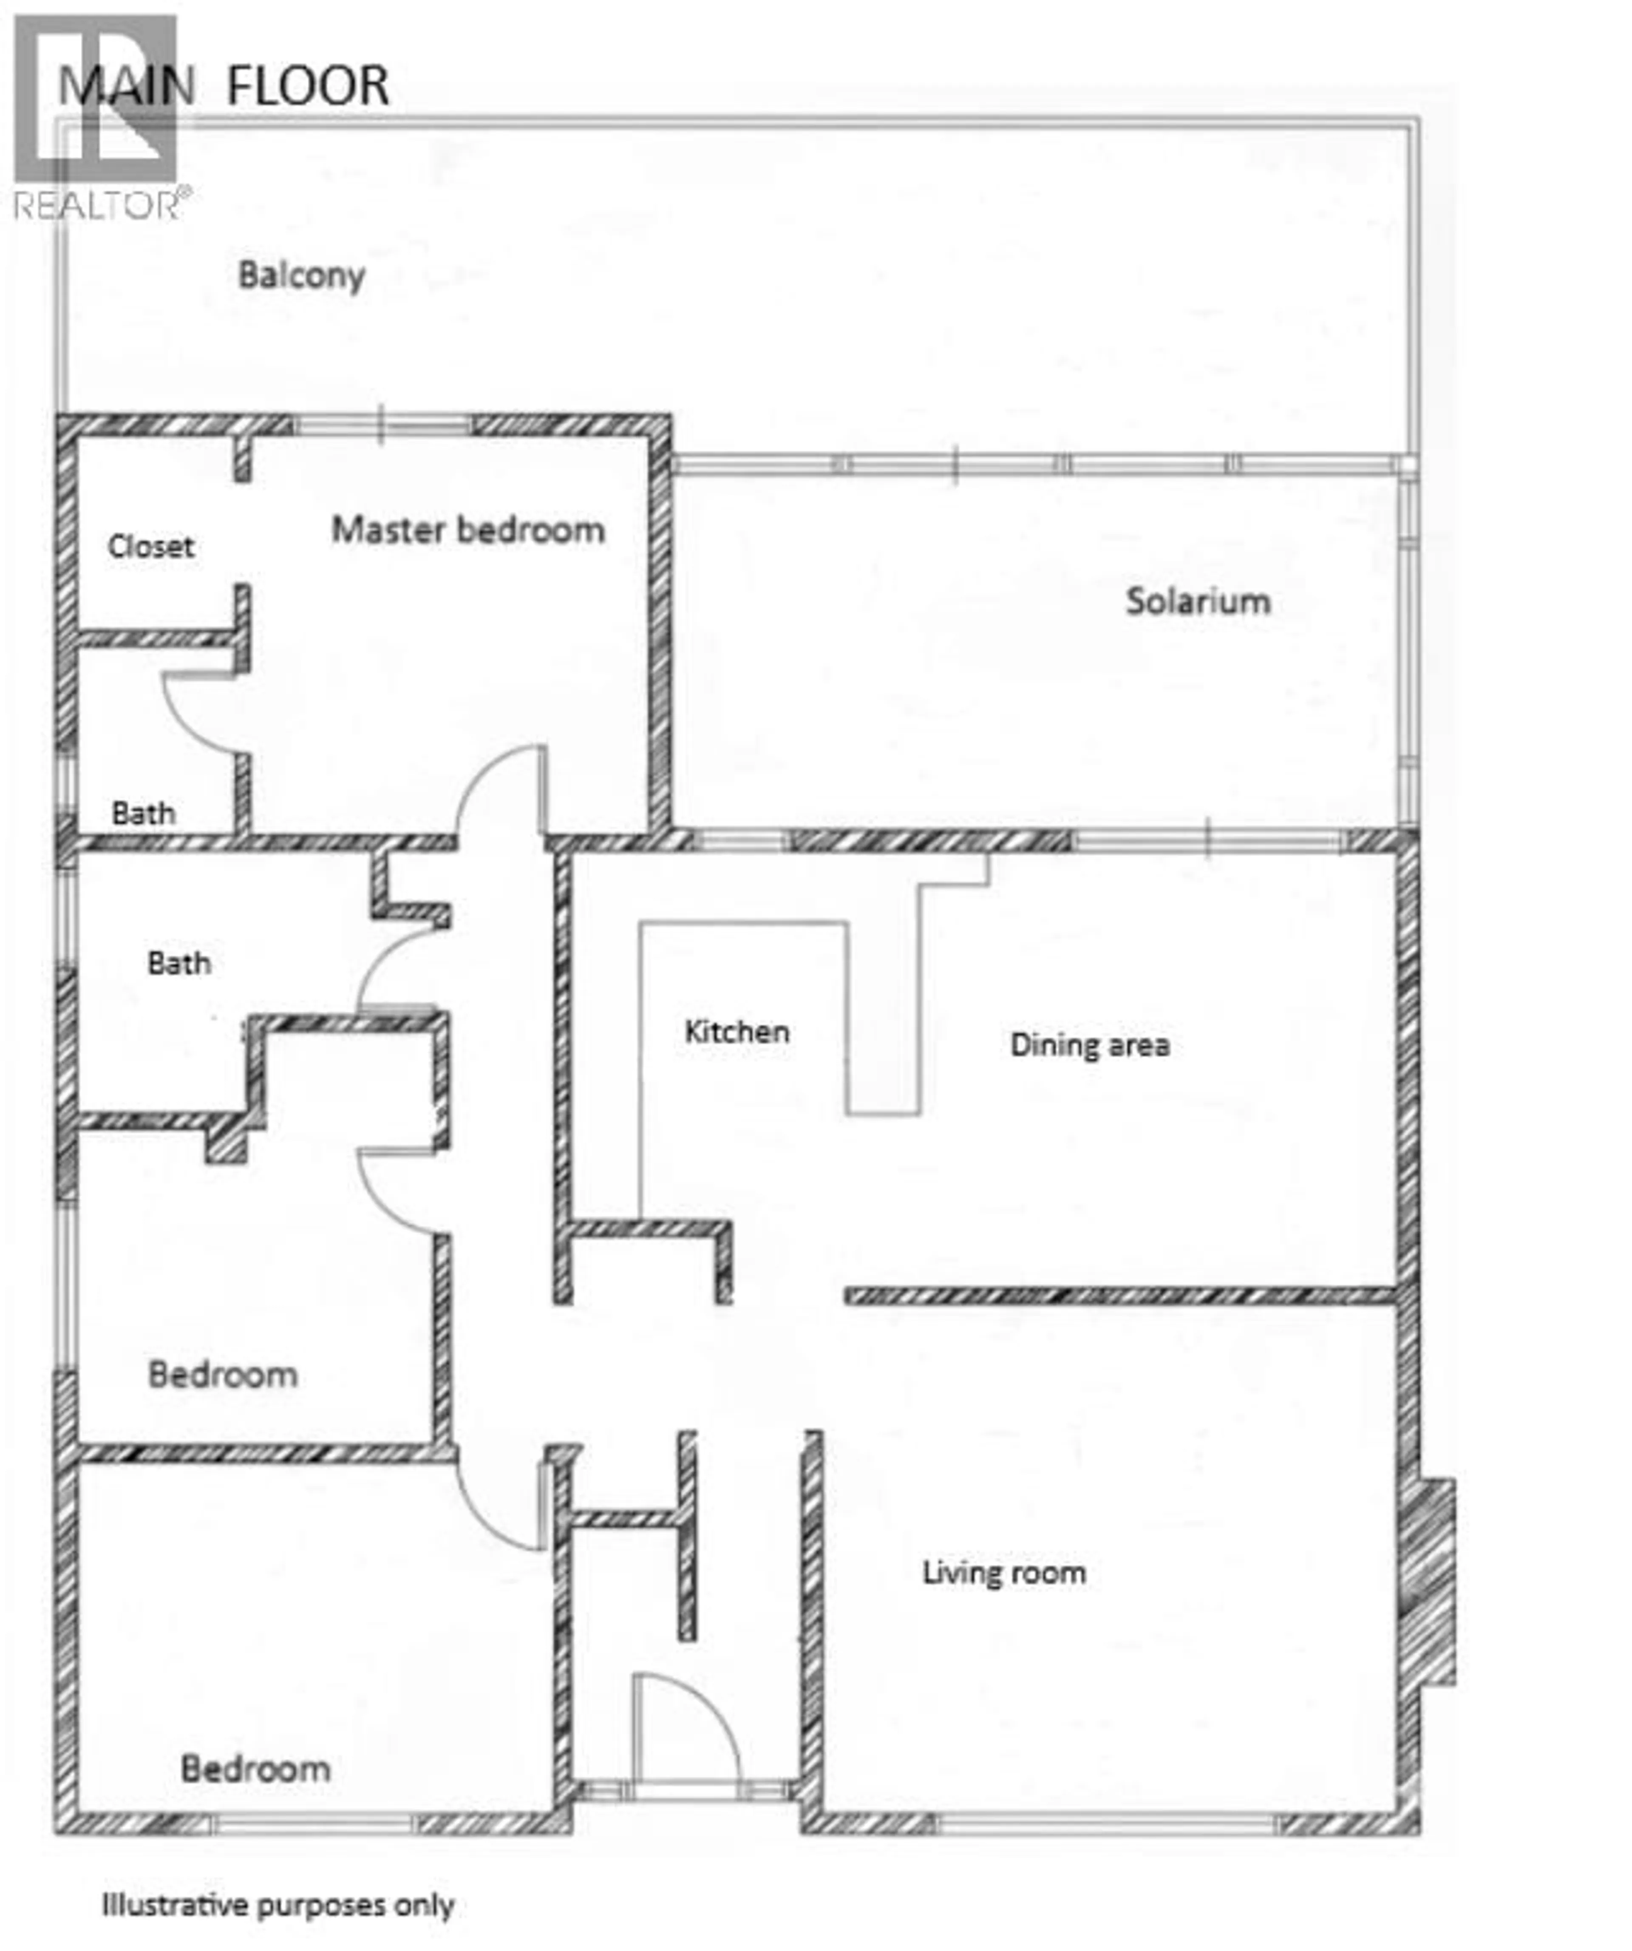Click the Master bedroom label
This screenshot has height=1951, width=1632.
(x=468, y=530)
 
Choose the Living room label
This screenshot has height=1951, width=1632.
(x=1003, y=1573)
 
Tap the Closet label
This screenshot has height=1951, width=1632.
(x=150, y=546)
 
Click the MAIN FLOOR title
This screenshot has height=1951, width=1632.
(x=223, y=85)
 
